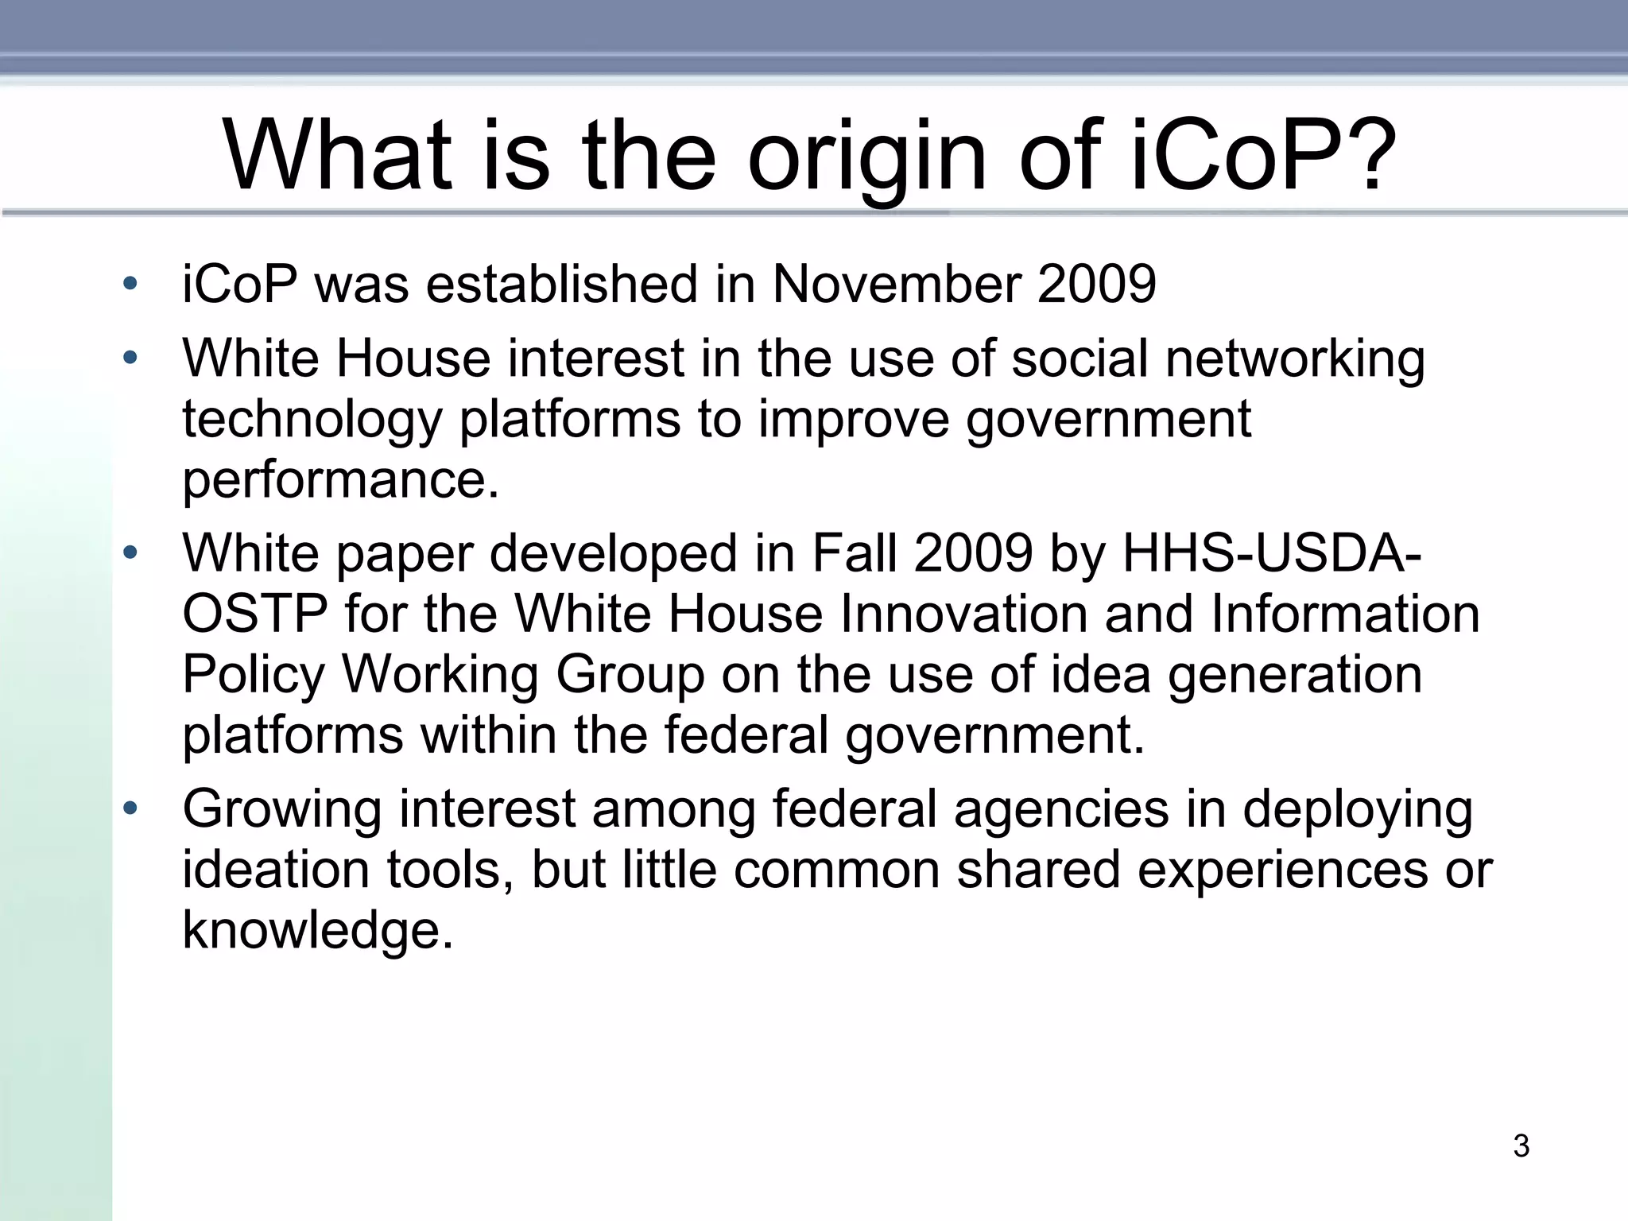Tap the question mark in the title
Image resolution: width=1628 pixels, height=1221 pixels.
(x=1366, y=156)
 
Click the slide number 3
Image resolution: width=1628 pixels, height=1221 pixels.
(x=1521, y=1145)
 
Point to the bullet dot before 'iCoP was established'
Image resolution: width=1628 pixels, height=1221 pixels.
(x=130, y=283)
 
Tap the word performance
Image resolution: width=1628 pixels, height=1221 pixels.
(x=340, y=479)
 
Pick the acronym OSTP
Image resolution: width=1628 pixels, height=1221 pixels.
(x=254, y=614)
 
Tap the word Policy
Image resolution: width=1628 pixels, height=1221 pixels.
(x=253, y=674)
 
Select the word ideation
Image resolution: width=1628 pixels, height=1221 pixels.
(x=275, y=870)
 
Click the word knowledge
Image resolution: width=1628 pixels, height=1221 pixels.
(x=316, y=930)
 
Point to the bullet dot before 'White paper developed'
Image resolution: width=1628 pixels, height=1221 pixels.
(x=130, y=552)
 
